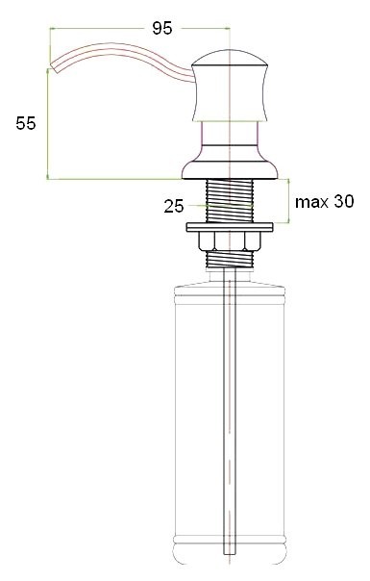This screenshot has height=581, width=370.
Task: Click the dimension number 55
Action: coord(26,123)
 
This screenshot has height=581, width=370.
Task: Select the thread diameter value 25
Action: coord(174,205)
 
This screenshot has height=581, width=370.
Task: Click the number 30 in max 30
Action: coord(342,202)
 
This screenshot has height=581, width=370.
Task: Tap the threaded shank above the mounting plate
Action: coord(230,202)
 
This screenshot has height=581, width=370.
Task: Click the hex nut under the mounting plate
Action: coord(230,240)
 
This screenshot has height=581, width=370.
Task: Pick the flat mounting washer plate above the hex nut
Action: coord(230,227)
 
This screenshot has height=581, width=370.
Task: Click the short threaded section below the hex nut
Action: coord(230,258)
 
